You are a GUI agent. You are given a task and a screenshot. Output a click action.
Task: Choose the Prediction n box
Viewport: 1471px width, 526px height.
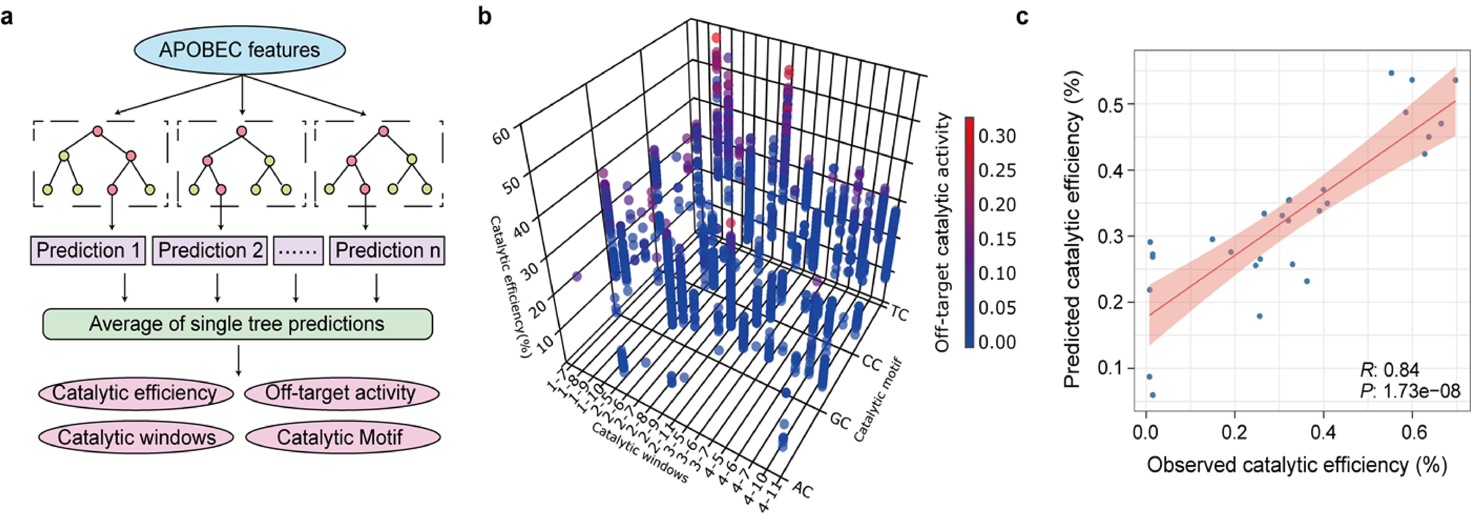pyautogui.click(x=387, y=250)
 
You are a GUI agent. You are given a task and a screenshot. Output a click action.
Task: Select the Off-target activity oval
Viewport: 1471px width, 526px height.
pyautogui.click(x=341, y=393)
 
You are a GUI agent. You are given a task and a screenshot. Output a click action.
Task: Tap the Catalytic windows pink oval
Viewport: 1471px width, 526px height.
pyautogui.click(x=136, y=437)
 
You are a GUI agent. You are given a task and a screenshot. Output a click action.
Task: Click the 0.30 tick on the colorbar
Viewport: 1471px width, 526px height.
pyautogui.click(x=997, y=136)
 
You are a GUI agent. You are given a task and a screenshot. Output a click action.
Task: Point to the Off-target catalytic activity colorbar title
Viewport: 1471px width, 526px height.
pyautogui.click(x=942, y=231)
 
